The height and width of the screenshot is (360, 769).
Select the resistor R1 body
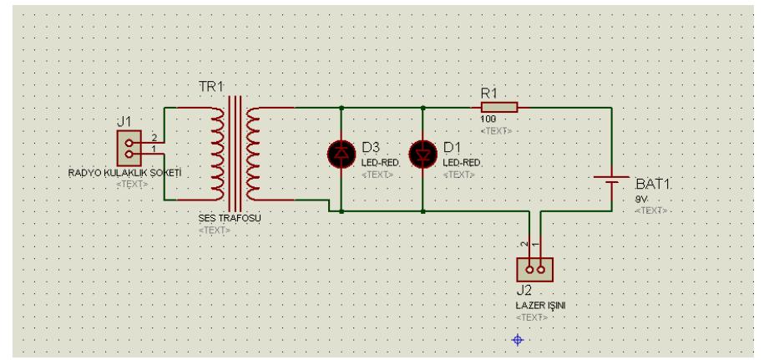point(499,107)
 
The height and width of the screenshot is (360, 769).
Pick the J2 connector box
point(534,270)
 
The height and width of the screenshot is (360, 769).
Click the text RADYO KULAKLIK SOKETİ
point(124,174)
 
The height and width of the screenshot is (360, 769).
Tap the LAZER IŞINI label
point(542,307)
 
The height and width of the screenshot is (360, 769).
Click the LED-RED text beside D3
point(380,163)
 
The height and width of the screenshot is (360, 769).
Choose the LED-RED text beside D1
point(460,163)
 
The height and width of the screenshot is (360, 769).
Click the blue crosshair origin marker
point(517,339)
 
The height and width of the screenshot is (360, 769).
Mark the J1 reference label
point(124,122)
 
